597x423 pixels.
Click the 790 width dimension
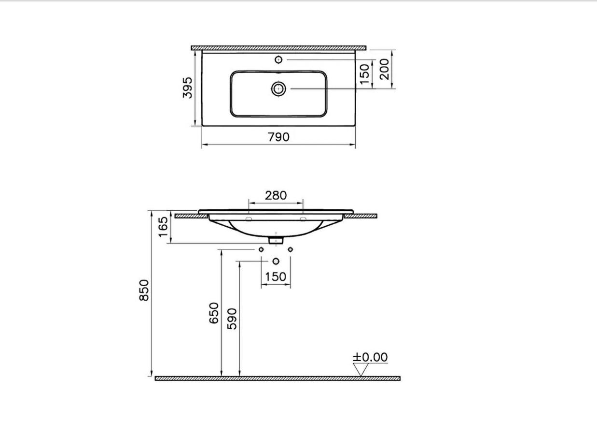click(x=278, y=137)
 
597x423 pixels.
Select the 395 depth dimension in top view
click(x=188, y=87)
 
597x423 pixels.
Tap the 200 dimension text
click(x=384, y=69)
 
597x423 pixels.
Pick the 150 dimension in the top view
click(x=365, y=74)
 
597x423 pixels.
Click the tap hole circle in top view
click(x=278, y=59)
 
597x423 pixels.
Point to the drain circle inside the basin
click(x=278, y=88)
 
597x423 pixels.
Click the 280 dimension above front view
click(x=276, y=195)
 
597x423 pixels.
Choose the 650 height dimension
click(x=214, y=313)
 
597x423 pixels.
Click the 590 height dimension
click(x=232, y=318)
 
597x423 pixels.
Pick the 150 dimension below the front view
click(x=276, y=277)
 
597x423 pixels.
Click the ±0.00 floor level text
click(x=370, y=357)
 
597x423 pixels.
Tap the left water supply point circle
click(x=261, y=249)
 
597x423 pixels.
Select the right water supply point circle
click(x=291, y=249)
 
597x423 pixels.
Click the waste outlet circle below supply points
click(x=276, y=262)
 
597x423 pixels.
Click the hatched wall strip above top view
click(x=278, y=48)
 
